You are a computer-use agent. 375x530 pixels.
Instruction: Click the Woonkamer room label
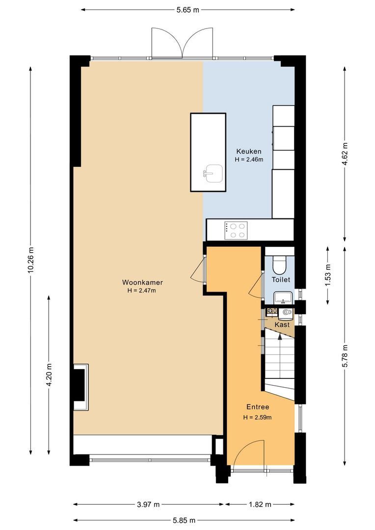(x=142, y=282)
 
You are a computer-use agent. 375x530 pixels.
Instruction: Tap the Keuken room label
(x=249, y=152)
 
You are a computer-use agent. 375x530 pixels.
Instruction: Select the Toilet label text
(x=281, y=280)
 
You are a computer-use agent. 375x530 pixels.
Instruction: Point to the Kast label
(x=282, y=325)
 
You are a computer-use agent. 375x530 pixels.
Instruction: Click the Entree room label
(x=258, y=407)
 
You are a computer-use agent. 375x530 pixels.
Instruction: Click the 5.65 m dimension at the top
(x=187, y=10)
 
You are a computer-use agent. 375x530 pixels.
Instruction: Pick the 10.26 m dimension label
(x=31, y=260)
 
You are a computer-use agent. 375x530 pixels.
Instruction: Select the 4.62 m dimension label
(x=345, y=154)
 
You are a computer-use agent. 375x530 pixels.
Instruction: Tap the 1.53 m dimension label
(x=327, y=275)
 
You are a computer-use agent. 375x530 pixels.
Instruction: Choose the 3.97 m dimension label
(x=148, y=504)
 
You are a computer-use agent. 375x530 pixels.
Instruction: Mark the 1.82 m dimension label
(x=260, y=504)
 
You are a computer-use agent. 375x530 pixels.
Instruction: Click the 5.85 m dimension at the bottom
(x=184, y=520)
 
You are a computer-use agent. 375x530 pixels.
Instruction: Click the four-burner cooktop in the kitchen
(x=236, y=231)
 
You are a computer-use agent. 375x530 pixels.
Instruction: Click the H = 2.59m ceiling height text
(x=257, y=418)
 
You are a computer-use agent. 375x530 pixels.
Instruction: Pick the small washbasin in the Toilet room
(x=283, y=297)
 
